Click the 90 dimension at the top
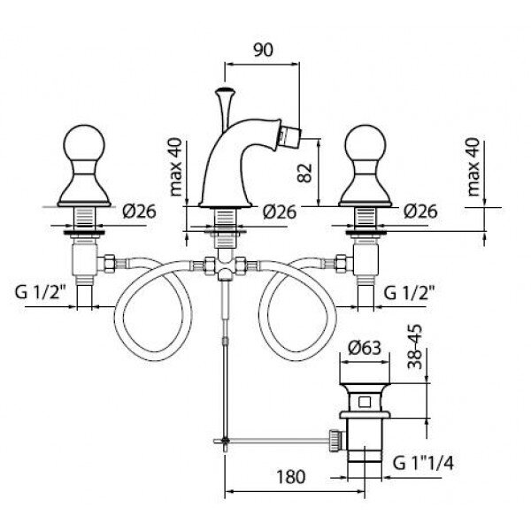261,50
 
